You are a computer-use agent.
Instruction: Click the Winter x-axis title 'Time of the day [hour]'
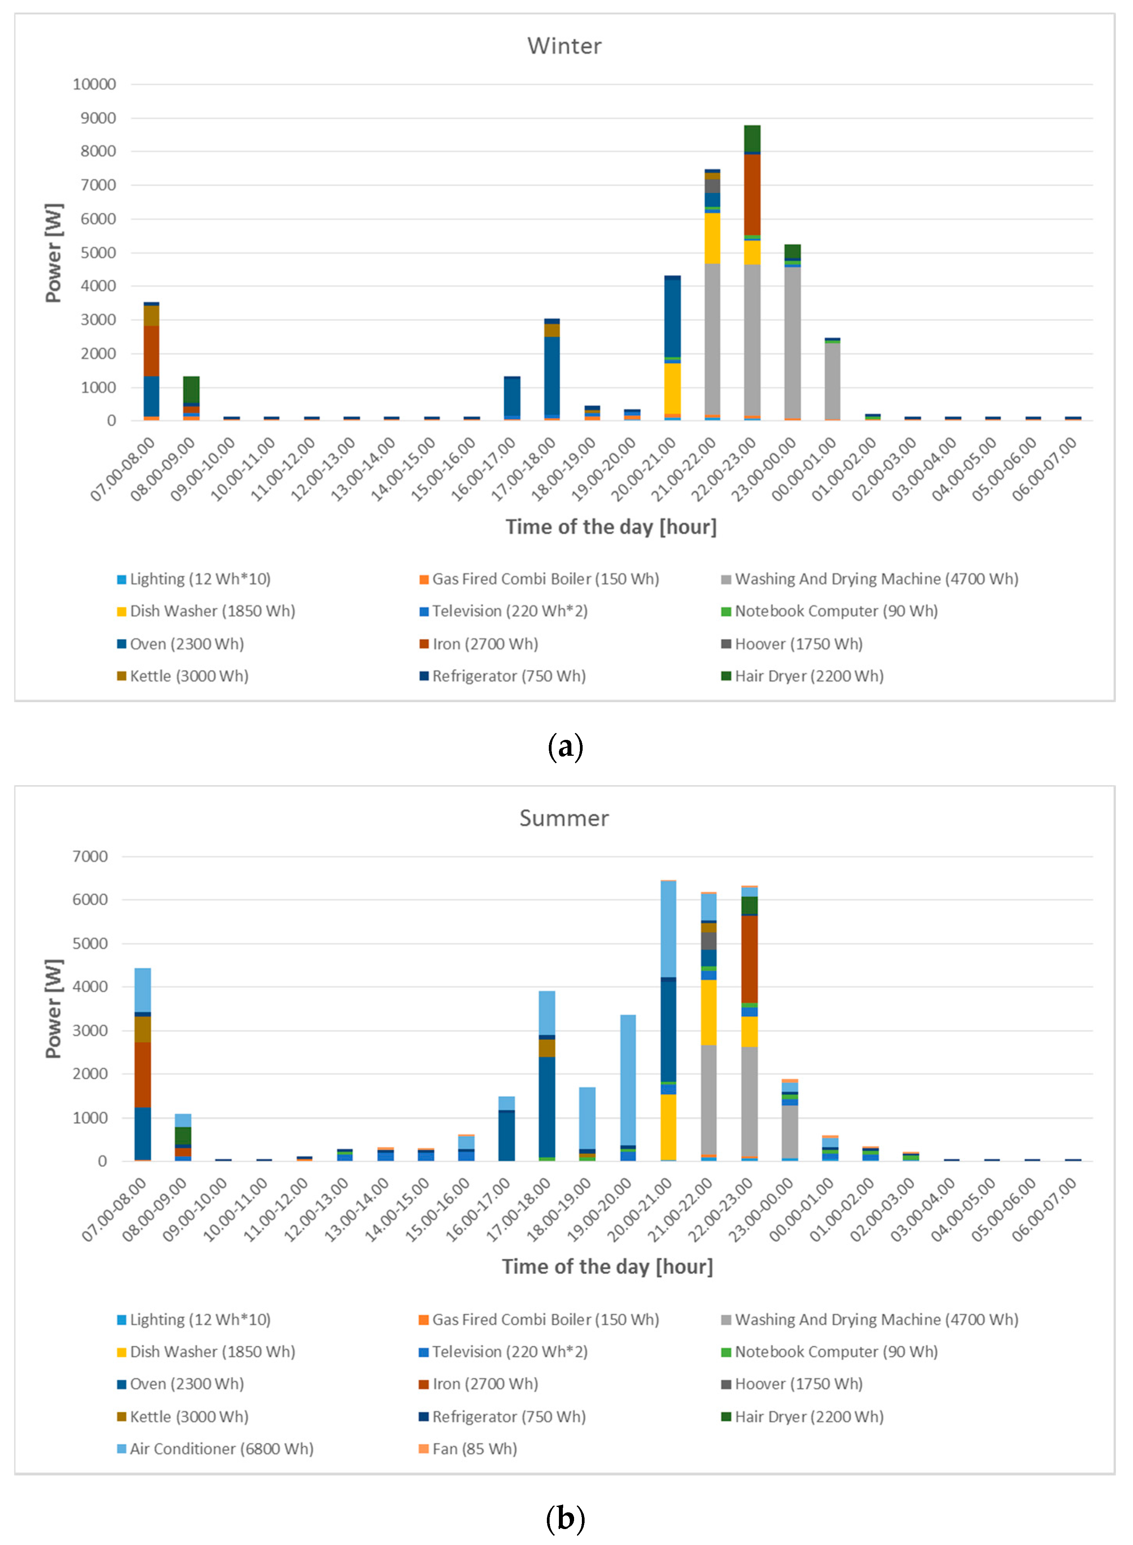point(610,527)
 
